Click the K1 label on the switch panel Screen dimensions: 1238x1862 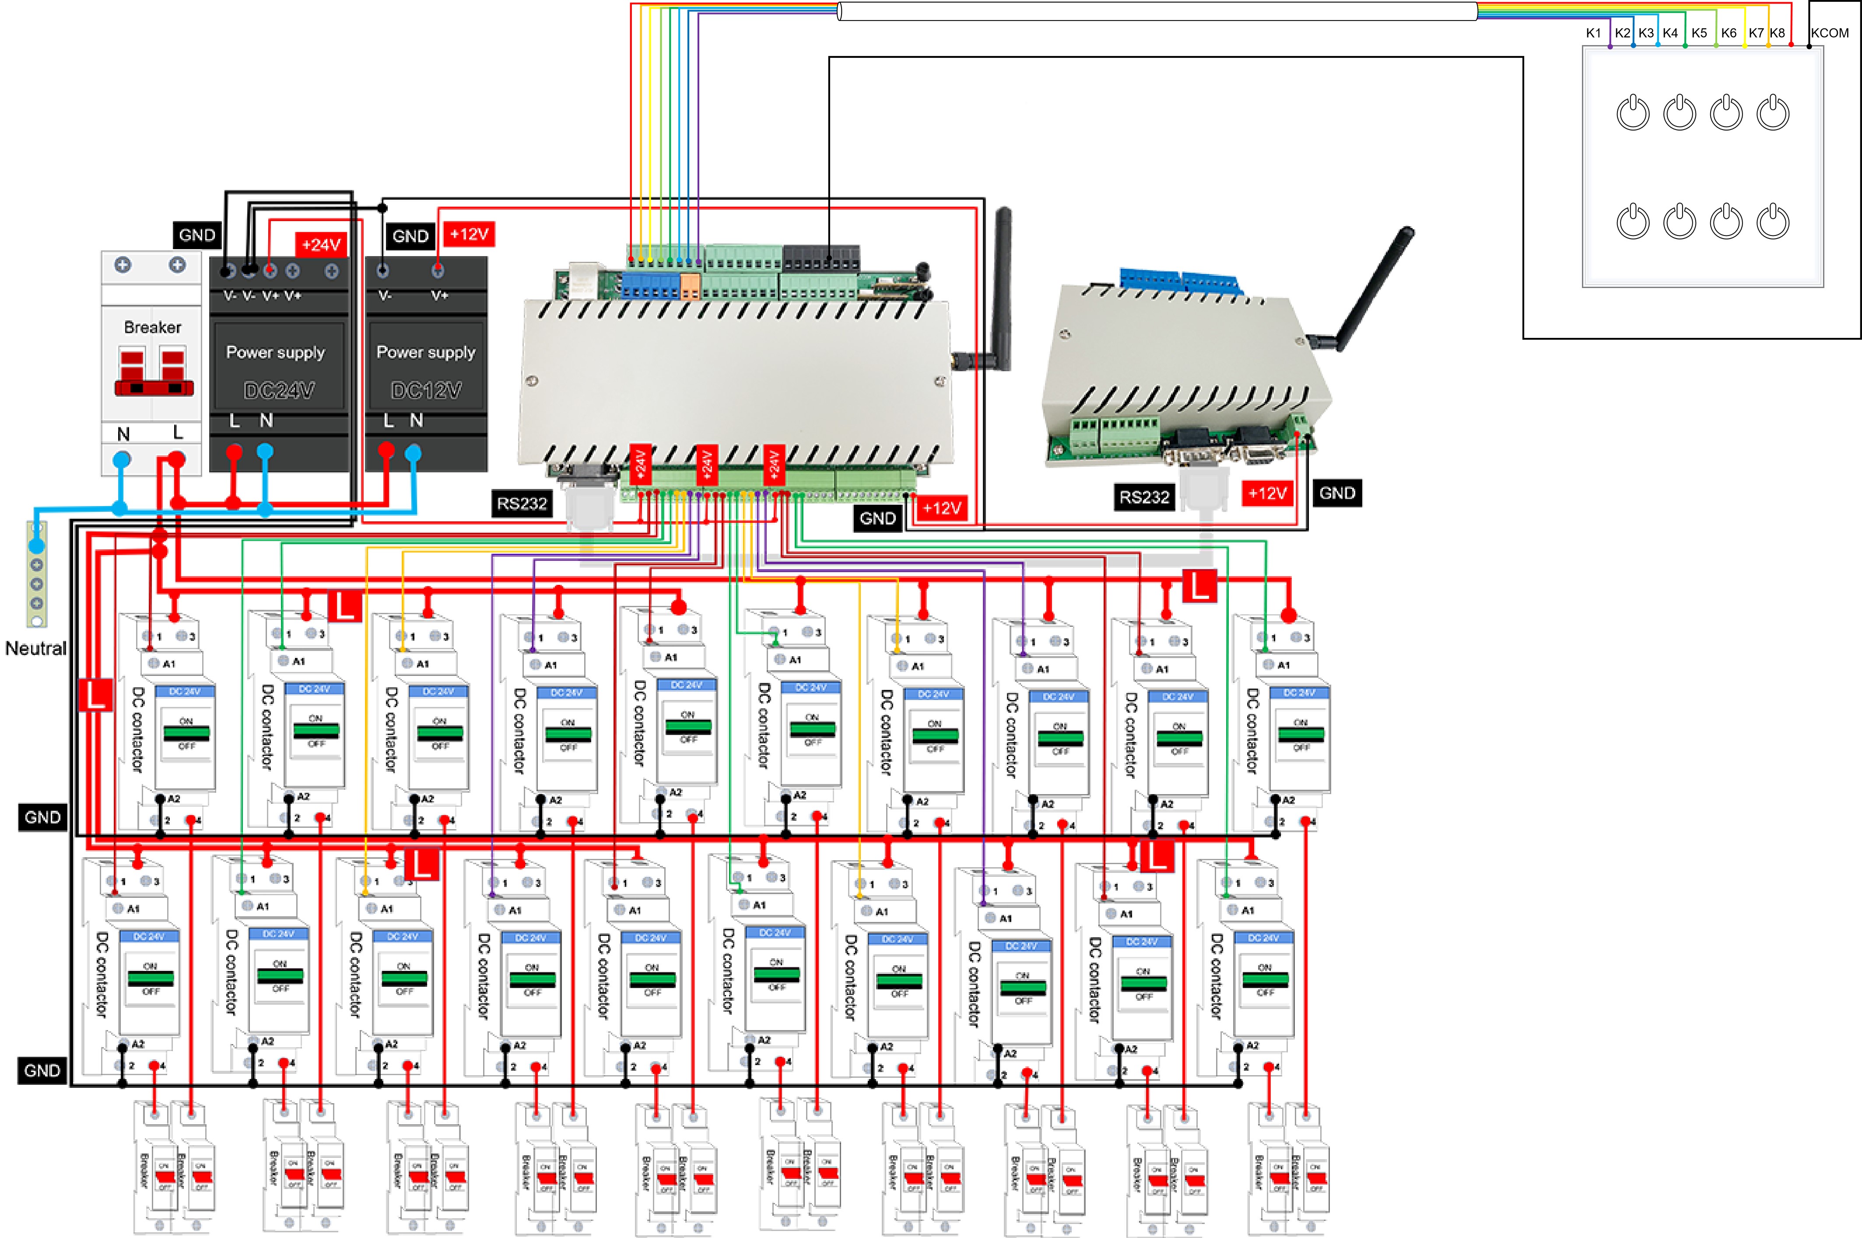pos(1593,33)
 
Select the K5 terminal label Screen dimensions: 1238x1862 pos(1699,33)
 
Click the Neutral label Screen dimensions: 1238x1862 pos(35,648)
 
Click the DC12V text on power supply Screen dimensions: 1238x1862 pos(426,390)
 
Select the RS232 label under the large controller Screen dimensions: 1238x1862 pos(522,504)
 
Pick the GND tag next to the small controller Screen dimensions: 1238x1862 pos(1337,493)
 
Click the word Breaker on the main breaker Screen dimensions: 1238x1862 pos(152,327)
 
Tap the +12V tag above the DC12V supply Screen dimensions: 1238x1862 pos(469,235)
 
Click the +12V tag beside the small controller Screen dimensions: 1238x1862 pos(1267,493)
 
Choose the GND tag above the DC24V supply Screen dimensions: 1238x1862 pos(196,235)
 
